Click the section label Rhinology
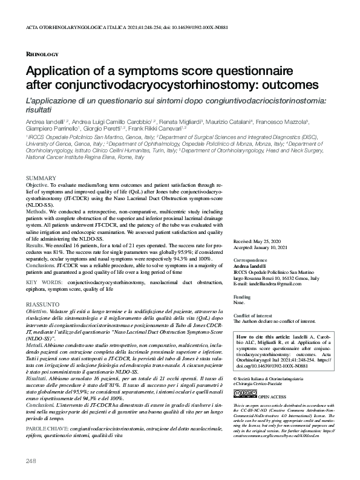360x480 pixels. [42, 54]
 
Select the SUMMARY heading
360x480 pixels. [41, 177]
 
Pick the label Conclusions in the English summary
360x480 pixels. [40, 264]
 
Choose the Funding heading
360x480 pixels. [242, 298]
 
